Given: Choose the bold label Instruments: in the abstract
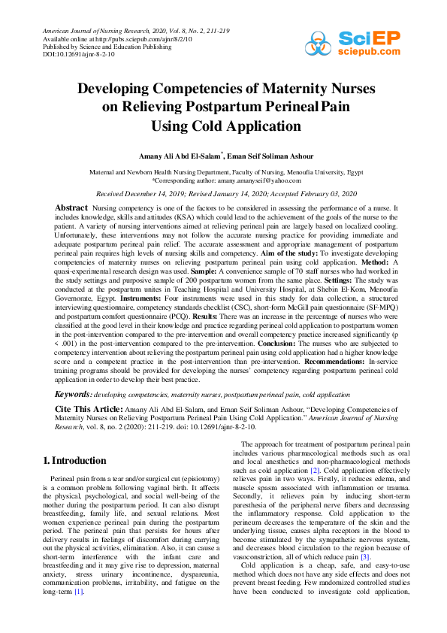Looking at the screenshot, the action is click(131, 297).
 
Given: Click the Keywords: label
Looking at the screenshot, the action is click(74, 394).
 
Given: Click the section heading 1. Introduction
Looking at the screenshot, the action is click(74, 460).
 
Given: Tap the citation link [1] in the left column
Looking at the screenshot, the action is click(78, 592).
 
